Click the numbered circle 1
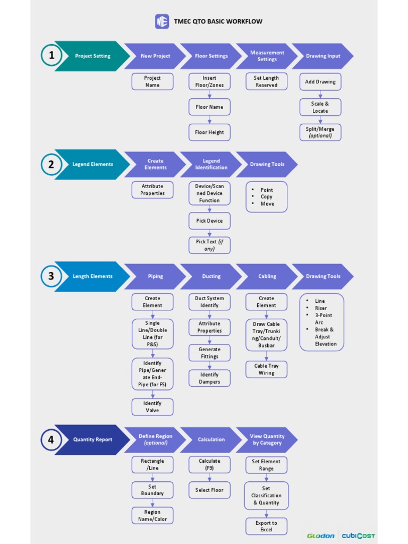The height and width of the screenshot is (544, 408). [x=52, y=56]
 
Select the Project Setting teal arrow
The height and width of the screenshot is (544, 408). [x=92, y=56]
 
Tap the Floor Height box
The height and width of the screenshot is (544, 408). [x=209, y=132]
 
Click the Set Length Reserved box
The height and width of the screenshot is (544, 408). [x=266, y=81]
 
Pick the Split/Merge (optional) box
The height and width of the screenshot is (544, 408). [x=320, y=132]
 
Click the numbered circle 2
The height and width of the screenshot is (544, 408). [x=52, y=164]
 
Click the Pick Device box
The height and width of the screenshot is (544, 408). [x=209, y=220]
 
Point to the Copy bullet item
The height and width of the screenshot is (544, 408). [x=266, y=197]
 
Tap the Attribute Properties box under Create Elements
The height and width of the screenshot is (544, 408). [x=152, y=190]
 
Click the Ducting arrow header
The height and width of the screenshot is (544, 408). [x=211, y=276]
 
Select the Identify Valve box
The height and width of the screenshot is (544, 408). [x=152, y=406]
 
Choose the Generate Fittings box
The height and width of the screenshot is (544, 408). [x=209, y=353]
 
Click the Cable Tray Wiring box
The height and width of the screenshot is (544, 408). [x=266, y=369]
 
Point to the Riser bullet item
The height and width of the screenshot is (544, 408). [x=320, y=308]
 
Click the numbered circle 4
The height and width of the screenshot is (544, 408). [x=52, y=439]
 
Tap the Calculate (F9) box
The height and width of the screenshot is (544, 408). [x=209, y=464]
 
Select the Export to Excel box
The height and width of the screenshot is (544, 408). [x=266, y=526]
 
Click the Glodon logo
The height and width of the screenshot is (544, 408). [x=321, y=535]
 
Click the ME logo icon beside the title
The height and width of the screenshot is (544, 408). [x=162, y=22]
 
